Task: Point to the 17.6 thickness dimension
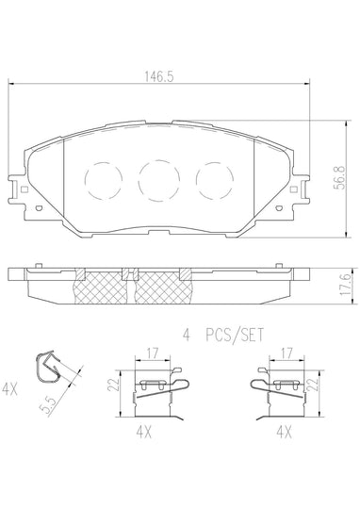click(x=346, y=283)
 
